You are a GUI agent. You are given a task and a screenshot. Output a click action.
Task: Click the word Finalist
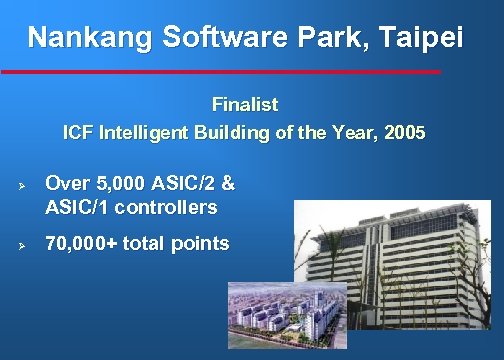(x=245, y=104)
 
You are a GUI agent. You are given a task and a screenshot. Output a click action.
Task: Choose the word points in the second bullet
(x=201, y=243)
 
